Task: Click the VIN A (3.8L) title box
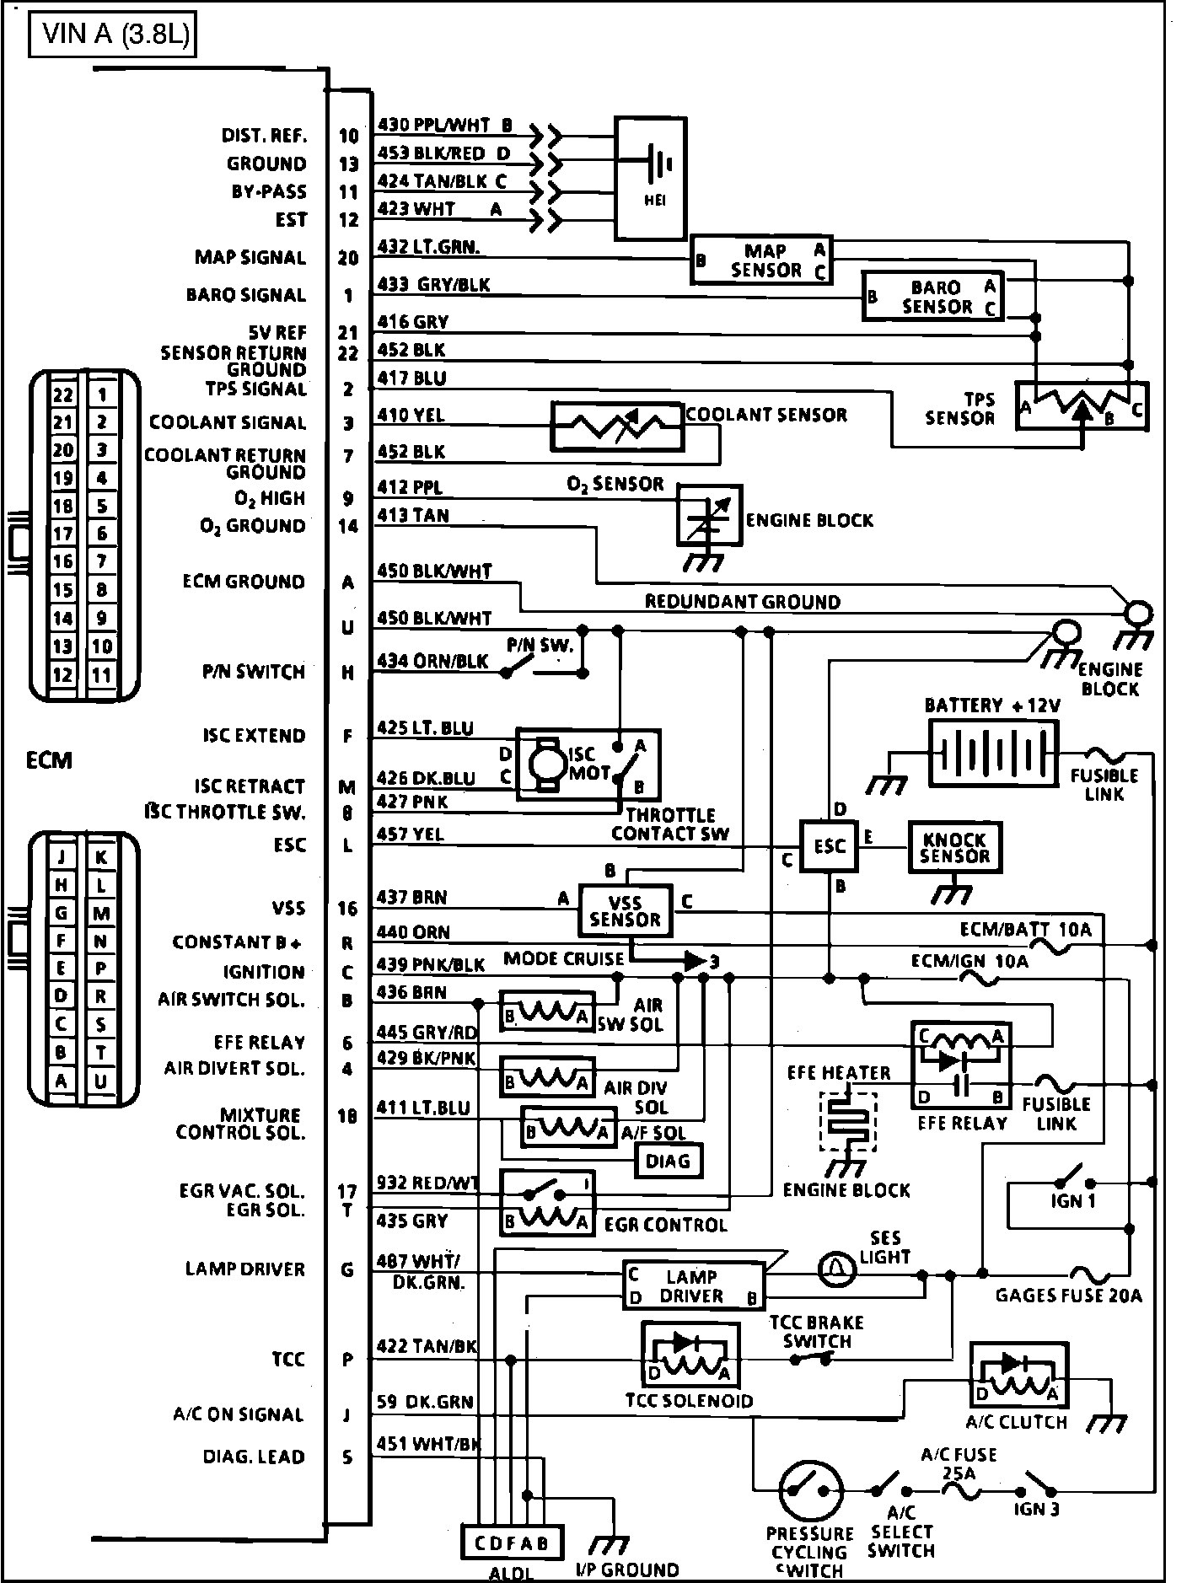pyautogui.click(x=112, y=37)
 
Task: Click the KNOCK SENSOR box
pyautogui.click(x=954, y=847)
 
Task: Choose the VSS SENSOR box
pyautogui.click(x=626, y=910)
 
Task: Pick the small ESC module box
pyautogui.click(x=829, y=845)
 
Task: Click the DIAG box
pyautogui.click(x=668, y=1161)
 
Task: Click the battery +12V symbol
pyautogui.click(x=992, y=753)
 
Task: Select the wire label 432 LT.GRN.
pyautogui.click(x=428, y=247)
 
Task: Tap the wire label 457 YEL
pyautogui.click(x=411, y=834)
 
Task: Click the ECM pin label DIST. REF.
pyautogui.click(x=265, y=136)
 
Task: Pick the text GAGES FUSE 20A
pyautogui.click(x=1068, y=1295)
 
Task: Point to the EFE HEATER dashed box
pyautogui.click(x=848, y=1123)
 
